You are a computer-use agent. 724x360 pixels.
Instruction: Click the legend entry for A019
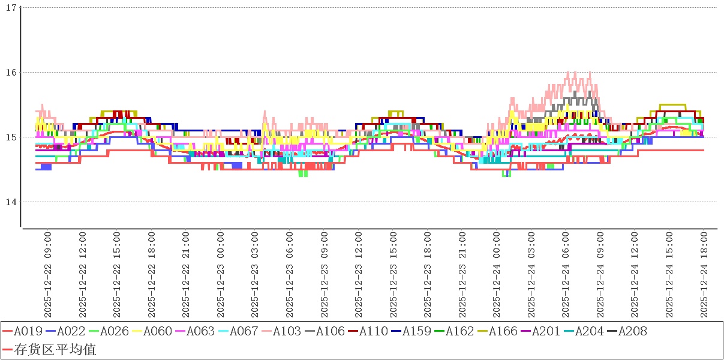(24, 331)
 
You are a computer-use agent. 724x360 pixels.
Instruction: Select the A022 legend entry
(67, 331)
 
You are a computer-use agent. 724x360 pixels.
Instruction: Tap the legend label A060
(154, 331)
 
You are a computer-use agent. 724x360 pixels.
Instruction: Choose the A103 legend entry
(283, 331)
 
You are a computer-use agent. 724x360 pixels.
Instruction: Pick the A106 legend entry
(326, 331)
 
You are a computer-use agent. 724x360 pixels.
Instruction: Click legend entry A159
(413, 331)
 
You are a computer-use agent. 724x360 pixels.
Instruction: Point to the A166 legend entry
(499, 331)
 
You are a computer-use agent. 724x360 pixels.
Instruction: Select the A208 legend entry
(629, 331)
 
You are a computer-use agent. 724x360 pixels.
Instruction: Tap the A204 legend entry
(585, 331)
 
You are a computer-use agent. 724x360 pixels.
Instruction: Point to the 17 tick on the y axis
(10, 8)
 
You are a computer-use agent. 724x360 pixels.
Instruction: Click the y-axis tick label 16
(10, 73)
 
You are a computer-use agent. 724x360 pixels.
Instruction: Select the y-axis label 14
(10, 202)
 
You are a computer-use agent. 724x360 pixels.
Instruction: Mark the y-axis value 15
(10, 137)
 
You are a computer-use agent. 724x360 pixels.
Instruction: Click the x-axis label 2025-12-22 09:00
(47, 276)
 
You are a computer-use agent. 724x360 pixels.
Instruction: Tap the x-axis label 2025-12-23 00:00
(220, 276)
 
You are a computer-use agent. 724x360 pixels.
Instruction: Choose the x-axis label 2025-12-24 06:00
(566, 276)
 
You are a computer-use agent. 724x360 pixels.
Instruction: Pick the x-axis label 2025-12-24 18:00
(704, 276)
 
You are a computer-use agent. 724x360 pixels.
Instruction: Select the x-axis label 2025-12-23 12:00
(358, 276)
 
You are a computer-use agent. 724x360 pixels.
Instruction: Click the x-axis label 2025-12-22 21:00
(185, 276)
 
